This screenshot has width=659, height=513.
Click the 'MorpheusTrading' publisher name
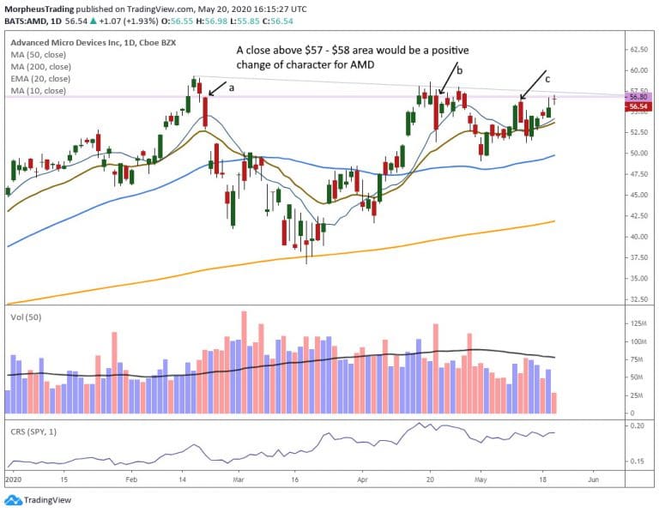click(35, 7)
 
